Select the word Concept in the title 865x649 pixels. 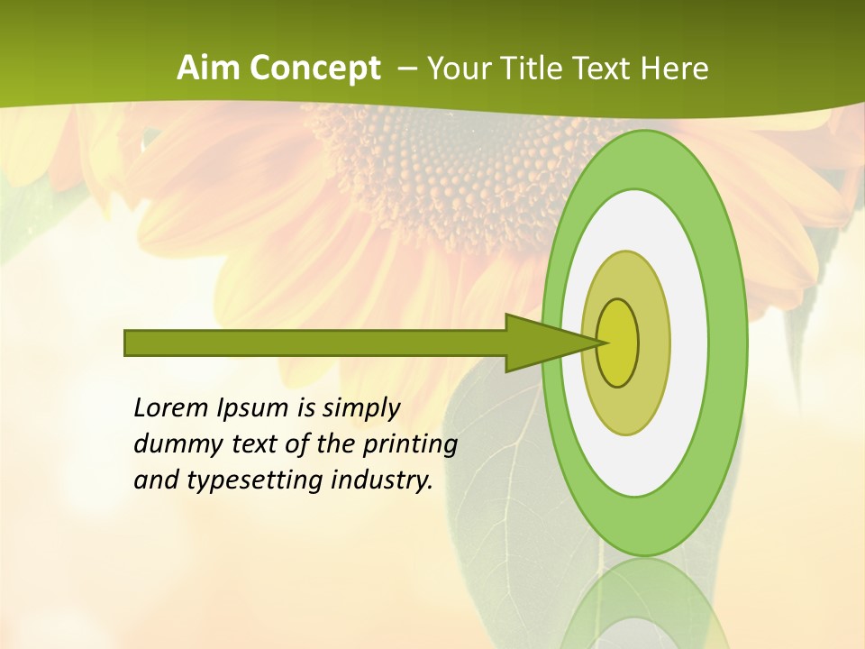point(315,69)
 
